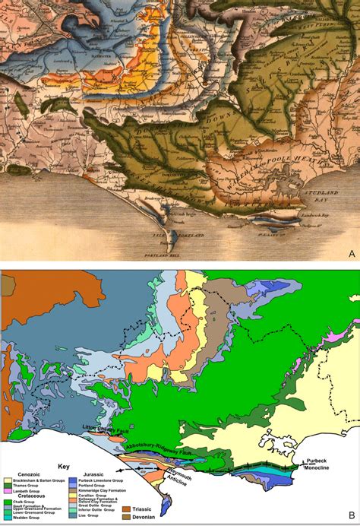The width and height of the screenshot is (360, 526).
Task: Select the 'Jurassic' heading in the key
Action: pyautogui.click(x=85, y=475)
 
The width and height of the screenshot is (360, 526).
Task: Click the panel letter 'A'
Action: pyautogui.click(x=351, y=253)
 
